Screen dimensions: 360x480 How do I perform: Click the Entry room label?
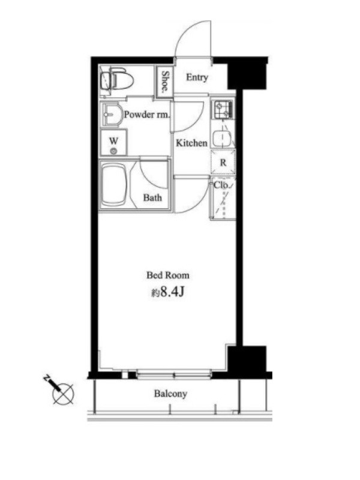(x=197, y=77)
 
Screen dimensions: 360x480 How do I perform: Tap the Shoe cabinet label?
(x=164, y=82)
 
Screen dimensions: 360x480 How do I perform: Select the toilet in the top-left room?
(x=116, y=79)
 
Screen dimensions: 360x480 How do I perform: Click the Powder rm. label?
(x=146, y=115)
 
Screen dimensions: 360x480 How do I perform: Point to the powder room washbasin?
(x=111, y=115)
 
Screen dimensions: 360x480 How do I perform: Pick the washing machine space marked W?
(x=113, y=143)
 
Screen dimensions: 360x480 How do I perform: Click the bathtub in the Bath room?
(x=113, y=185)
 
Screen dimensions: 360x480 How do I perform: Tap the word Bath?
(x=152, y=198)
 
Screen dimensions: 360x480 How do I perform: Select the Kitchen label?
(x=191, y=143)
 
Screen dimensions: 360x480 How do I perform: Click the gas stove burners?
(x=223, y=110)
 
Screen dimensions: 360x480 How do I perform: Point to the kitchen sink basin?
(x=222, y=139)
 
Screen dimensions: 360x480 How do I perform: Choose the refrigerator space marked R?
(x=223, y=163)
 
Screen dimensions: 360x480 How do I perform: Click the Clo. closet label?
(x=221, y=185)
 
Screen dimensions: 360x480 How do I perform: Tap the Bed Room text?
(x=168, y=275)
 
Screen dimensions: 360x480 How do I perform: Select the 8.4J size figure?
(x=172, y=292)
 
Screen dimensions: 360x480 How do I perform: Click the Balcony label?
(x=170, y=394)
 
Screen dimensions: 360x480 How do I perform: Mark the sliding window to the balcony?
(x=174, y=374)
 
